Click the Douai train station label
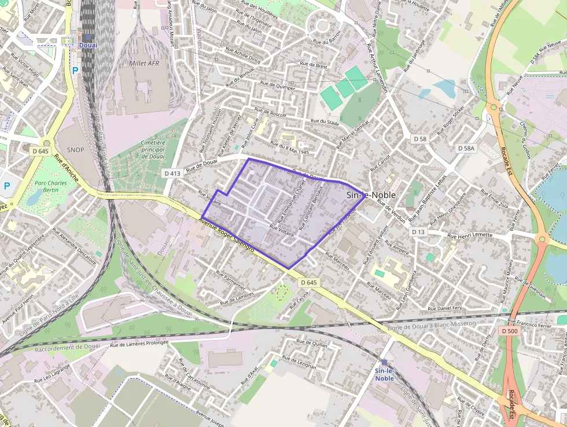pos(88,45)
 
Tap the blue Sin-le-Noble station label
pos(384,374)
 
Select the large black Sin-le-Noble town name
pos(371,195)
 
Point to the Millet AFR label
pos(144,63)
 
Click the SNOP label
pos(75,149)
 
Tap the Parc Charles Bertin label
pos(47,187)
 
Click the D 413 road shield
pos(172,173)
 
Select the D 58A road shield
pos(466,148)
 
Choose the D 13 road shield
pos(418,232)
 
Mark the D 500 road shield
pos(510,331)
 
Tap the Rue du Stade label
pos(325,122)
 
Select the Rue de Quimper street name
pos(275,85)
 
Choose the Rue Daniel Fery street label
pos(444,308)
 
